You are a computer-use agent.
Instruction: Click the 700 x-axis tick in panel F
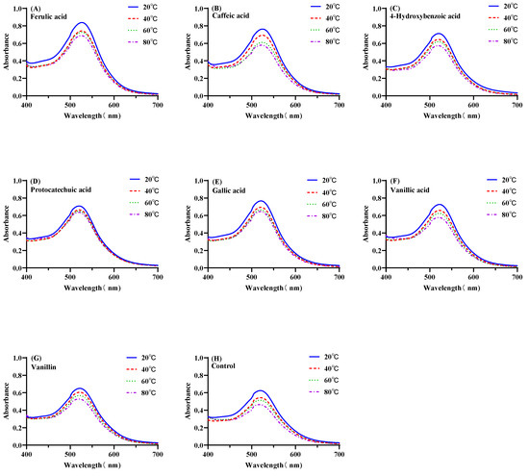pyautogui.click(x=517, y=277)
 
